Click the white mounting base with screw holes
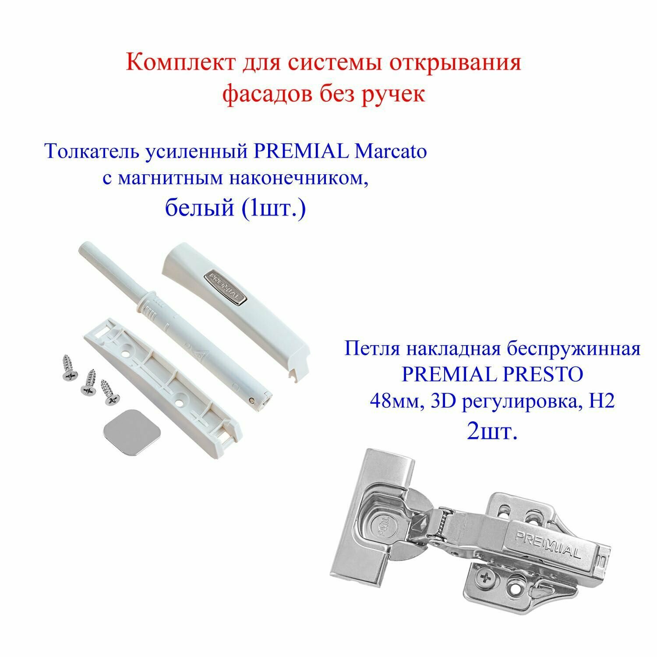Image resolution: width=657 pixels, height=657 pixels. click(162, 381)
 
